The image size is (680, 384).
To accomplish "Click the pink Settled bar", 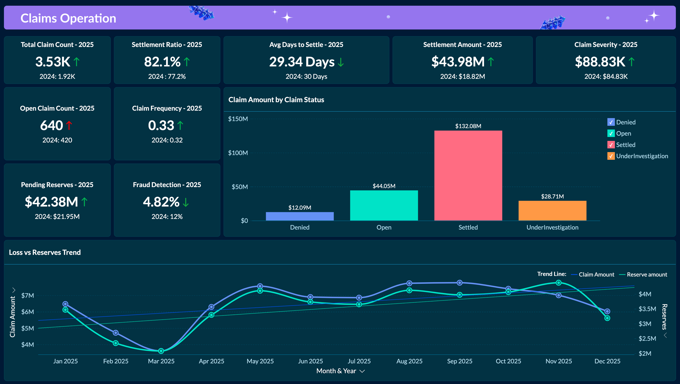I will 468,175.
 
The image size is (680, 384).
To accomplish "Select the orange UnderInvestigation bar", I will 552,210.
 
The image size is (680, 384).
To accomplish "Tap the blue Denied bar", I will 300,216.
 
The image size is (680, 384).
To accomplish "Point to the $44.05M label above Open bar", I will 384,186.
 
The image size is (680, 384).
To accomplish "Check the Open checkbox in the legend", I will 611,133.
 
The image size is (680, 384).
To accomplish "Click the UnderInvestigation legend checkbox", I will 611,156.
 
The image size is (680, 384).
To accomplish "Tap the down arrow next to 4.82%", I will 186,202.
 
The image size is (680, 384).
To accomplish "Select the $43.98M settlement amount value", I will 458,62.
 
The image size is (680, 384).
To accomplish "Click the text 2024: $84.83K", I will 606,76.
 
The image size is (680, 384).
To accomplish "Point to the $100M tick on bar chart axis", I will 238,153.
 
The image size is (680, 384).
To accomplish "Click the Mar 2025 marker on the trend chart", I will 161,351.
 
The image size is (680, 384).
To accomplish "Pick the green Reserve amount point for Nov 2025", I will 559,283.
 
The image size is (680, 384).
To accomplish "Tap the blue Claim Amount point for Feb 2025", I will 116,333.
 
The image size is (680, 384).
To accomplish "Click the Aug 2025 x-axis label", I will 409,361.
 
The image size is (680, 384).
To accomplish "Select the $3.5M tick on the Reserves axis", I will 647,309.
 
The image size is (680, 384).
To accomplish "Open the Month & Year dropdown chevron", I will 362,371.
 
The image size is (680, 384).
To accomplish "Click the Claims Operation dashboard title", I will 68,18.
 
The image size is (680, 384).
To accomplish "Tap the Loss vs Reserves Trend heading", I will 45,252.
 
